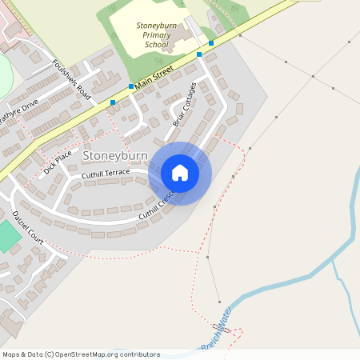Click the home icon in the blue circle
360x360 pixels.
click(180, 173)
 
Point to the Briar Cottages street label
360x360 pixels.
click(185, 103)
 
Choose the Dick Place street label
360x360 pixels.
click(58, 162)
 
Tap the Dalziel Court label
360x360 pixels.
click(27, 226)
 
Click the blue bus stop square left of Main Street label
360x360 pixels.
click(131, 86)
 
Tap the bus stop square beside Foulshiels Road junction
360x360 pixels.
click(113, 102)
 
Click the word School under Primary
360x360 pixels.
click(157, 45)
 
